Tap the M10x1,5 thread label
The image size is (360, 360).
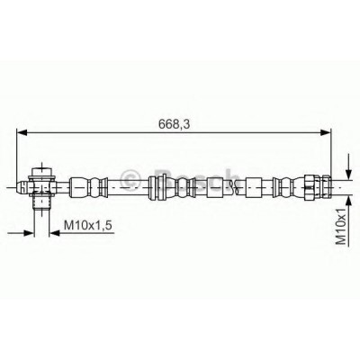tap(88, 225)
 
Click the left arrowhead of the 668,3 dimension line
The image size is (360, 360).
tap(22, 132)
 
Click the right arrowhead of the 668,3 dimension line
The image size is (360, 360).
tap(325, 132)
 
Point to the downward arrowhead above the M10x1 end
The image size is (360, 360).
tap(348, 175)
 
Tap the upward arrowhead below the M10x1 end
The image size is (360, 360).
tap(348, 201)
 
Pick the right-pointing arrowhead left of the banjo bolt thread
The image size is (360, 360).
tap(29, 232)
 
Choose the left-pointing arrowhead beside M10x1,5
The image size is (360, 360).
tap(55, 232)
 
